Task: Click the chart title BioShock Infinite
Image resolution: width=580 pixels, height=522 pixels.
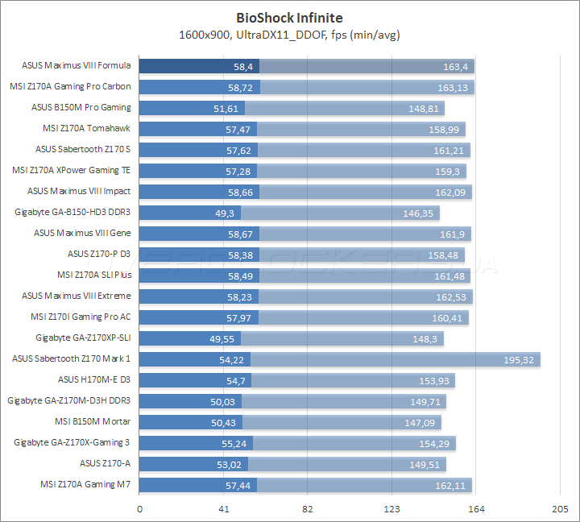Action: (x=289, y=17)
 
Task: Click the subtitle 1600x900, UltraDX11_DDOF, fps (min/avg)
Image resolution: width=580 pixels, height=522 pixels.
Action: (x=289, y=35)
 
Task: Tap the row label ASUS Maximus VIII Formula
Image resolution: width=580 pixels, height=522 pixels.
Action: (x=77, y=66)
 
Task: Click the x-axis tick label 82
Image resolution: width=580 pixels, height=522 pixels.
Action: (x=308, y=509)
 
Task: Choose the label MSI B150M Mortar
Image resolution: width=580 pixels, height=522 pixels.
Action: (x=93, y=421)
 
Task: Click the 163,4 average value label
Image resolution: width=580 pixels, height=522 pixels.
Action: (x=458, y=66)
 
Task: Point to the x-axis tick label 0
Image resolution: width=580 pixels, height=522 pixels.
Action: (x=140, y=509)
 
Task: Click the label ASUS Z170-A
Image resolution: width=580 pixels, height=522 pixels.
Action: (x=105, y=463)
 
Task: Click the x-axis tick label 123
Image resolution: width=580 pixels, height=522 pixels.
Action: (x=391, y=509)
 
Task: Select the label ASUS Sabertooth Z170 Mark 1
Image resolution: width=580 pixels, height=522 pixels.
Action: (x=72, y=358)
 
